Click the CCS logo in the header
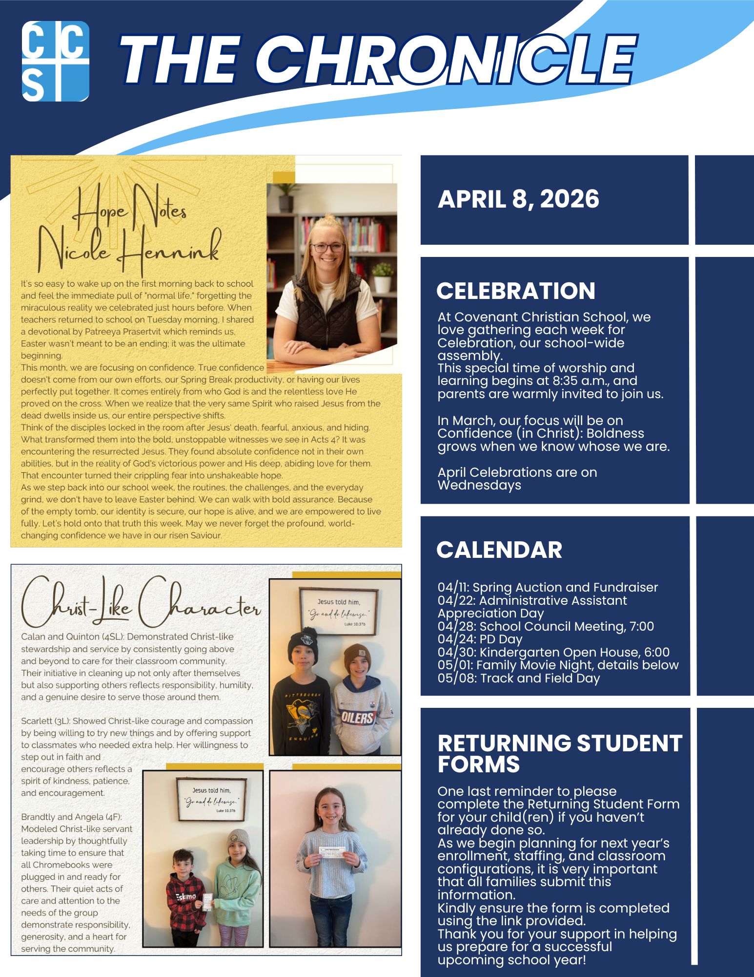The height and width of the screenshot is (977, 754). [x=56, y=61]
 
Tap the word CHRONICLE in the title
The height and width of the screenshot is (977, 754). [x=451, y=61]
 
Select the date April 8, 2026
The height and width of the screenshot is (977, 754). [x=518, y=199]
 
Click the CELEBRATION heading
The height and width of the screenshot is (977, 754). [x=515, y=291]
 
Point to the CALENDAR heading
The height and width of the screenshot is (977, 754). [x=499, y=550]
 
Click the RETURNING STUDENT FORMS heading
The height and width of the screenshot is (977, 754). [x=559, y=753]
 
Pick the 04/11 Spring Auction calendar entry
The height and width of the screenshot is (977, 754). [x=548, y=587]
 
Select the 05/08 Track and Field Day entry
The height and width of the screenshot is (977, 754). [x=518, y=678]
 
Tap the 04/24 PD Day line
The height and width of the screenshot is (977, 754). [x=480, y=639]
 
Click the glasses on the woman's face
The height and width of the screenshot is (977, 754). [x=328, y=247]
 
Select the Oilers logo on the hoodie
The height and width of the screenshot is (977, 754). [x=357, y=717]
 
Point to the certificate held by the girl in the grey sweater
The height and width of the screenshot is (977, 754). [x=332, y=850]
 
